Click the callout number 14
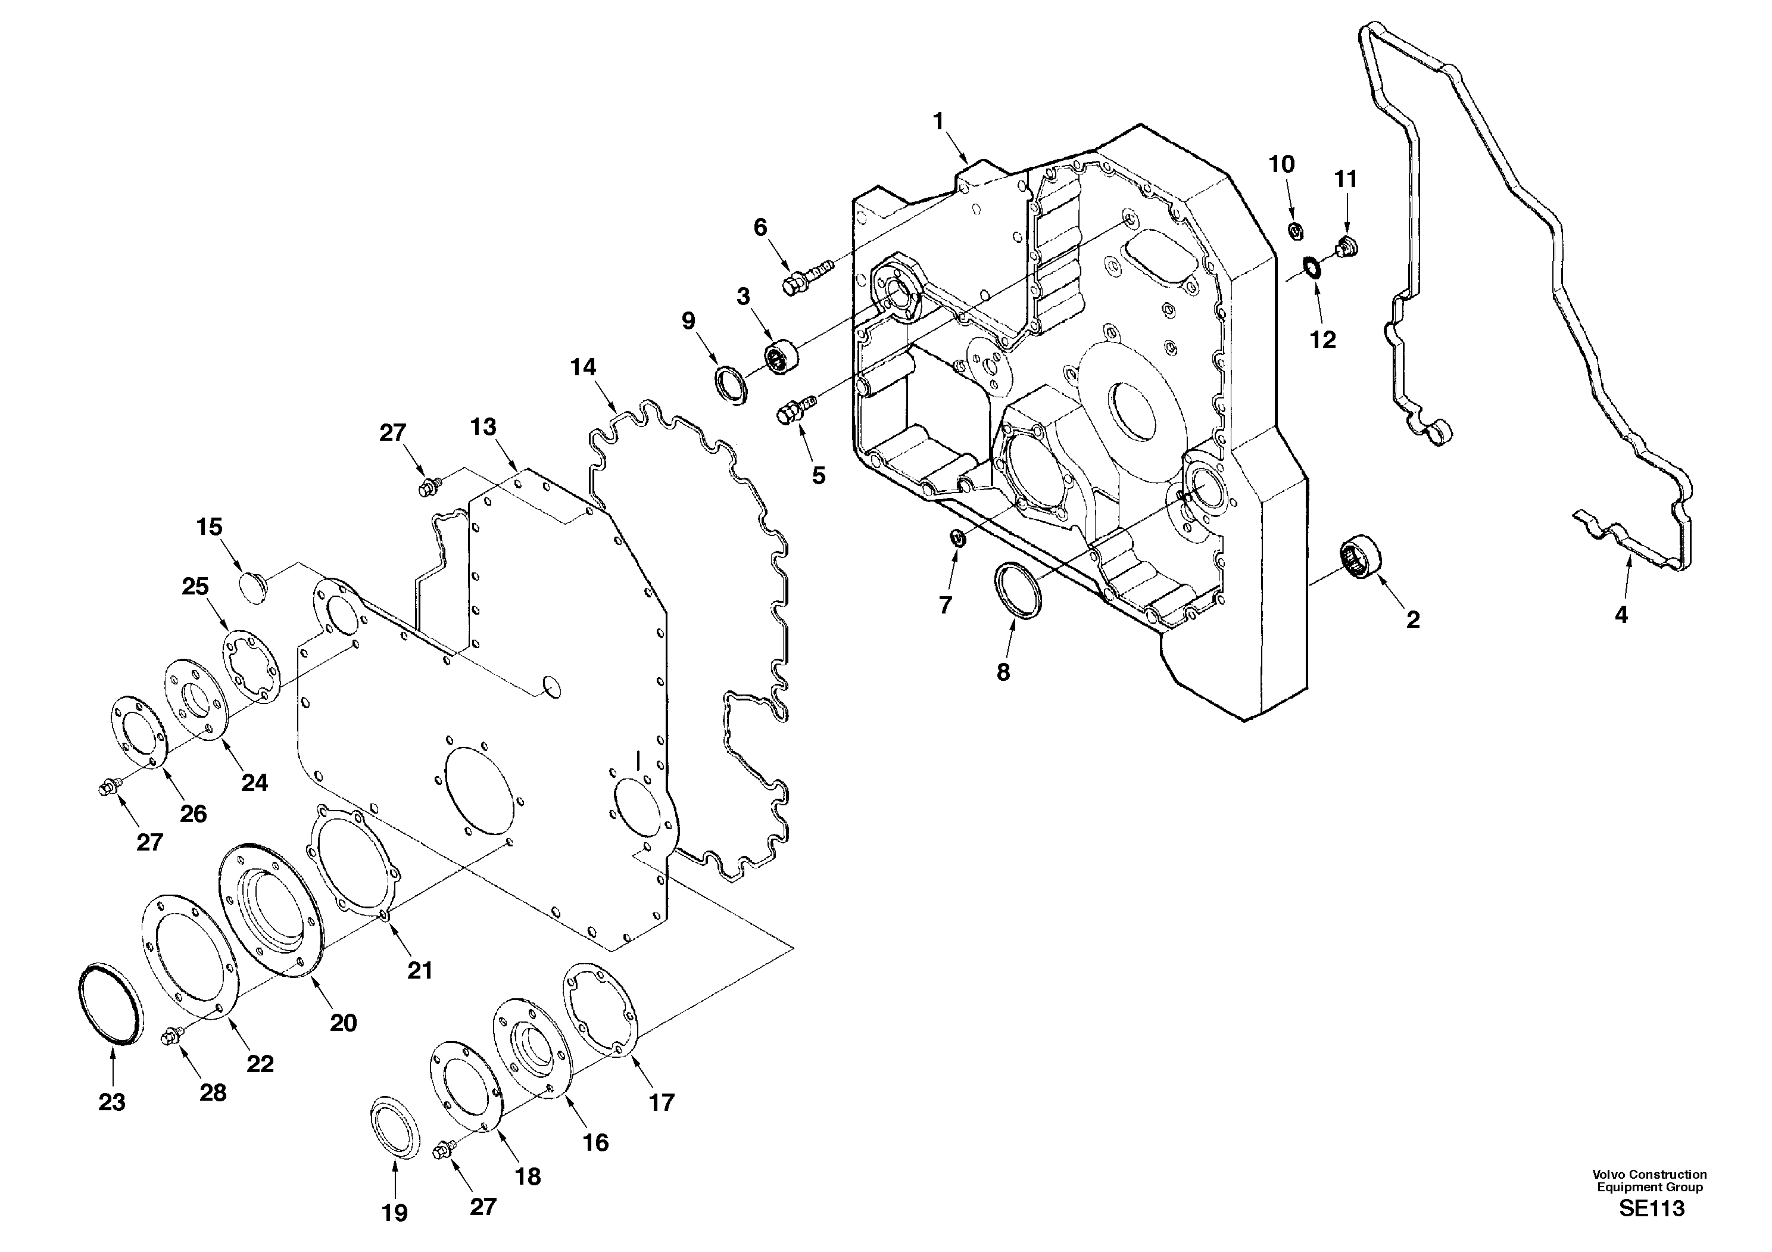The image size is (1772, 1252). point(583,367)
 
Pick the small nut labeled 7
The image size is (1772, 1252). point(956,537)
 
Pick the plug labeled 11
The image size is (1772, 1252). point(1346,248)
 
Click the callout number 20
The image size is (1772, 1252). point(344,1023)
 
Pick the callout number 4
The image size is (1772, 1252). point(1621,615)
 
